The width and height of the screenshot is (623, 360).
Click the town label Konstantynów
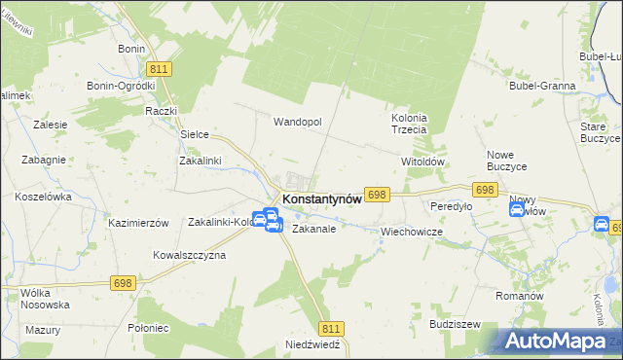pos(321,198)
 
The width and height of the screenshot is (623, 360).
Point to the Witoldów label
pos(422,162)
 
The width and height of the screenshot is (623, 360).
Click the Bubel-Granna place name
pos(542,86)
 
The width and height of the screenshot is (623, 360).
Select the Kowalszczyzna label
pos(189,255)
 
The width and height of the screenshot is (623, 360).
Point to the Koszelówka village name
pos(44,196)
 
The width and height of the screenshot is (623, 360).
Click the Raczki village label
pos(159,112)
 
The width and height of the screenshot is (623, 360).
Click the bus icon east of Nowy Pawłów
pos(602,226)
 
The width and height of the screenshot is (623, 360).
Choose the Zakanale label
pos(313,230)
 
